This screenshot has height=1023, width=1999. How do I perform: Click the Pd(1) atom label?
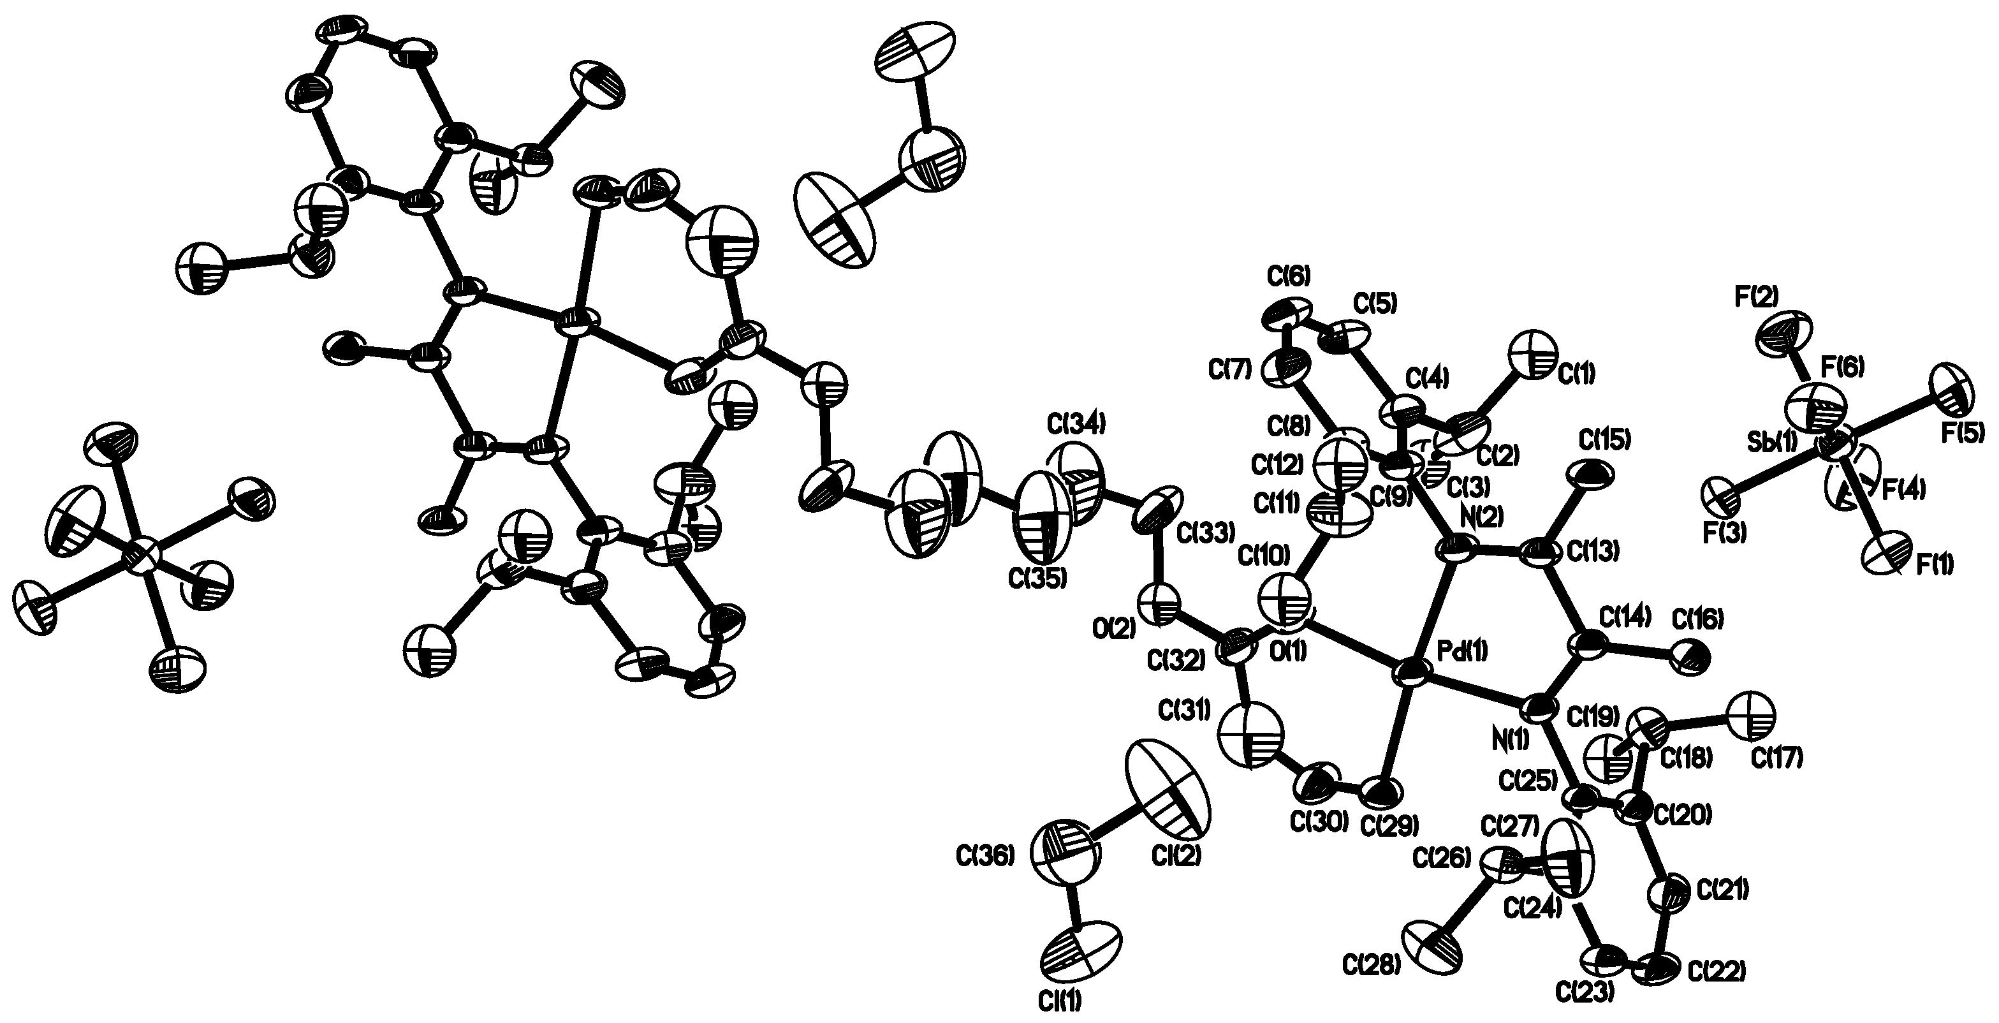click(x=1463, y=651)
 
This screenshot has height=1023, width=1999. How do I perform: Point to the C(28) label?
click(x=1371, y=965)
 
